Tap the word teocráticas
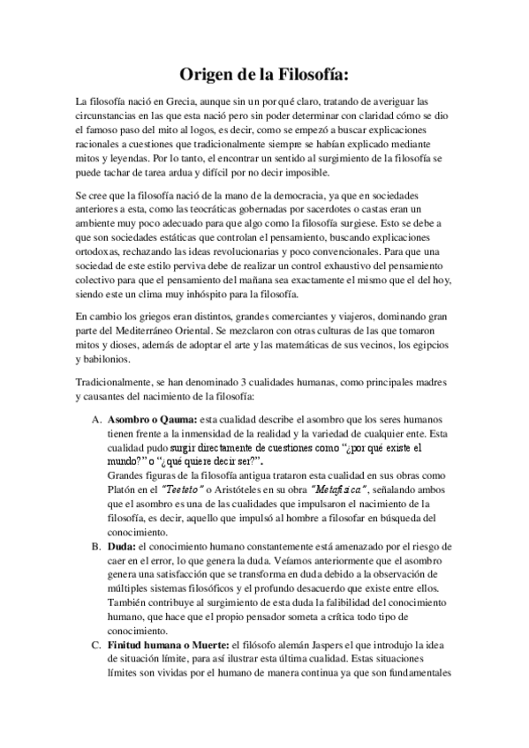[x=228, y=208]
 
